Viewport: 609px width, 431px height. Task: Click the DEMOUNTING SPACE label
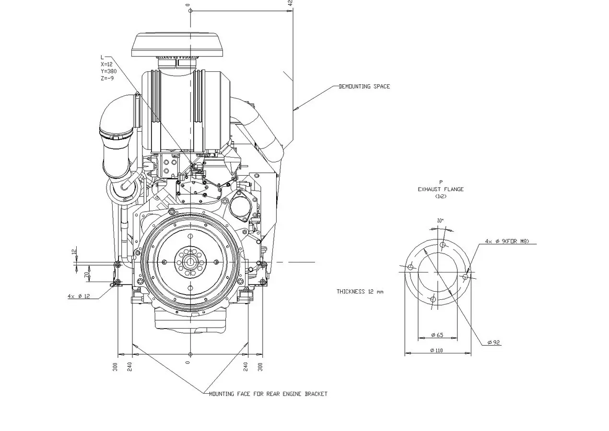click(x=364, y=87)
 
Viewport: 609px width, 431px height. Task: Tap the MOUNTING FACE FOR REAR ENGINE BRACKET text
click(x=268, y=394)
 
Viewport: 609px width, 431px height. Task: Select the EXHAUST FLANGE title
click(x=440, y=189)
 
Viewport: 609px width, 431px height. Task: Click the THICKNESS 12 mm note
click(x=360, y=292)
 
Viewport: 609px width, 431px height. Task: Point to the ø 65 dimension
click(x=437, y=335)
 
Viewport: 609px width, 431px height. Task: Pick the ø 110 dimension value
click(x=436, y=351)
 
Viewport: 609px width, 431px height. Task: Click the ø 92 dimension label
click(x=494, y=342)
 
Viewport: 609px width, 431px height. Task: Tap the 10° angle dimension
click(x=440, y=221)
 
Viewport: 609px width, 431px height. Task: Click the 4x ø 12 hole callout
click(x=79, y=296)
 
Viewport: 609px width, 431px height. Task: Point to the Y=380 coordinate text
click(x=108, y=71)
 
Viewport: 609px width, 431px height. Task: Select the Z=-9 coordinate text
click(x=107, y=78)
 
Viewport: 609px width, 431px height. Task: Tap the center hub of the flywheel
click(x=190, y=262)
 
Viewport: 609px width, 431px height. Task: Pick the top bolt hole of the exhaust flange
click(x=443, y=245)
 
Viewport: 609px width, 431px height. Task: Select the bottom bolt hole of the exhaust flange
click(x=433, y=299)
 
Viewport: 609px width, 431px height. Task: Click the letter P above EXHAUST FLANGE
click(x=441, y=182)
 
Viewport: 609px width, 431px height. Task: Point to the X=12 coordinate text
click(x=106, y=64)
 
